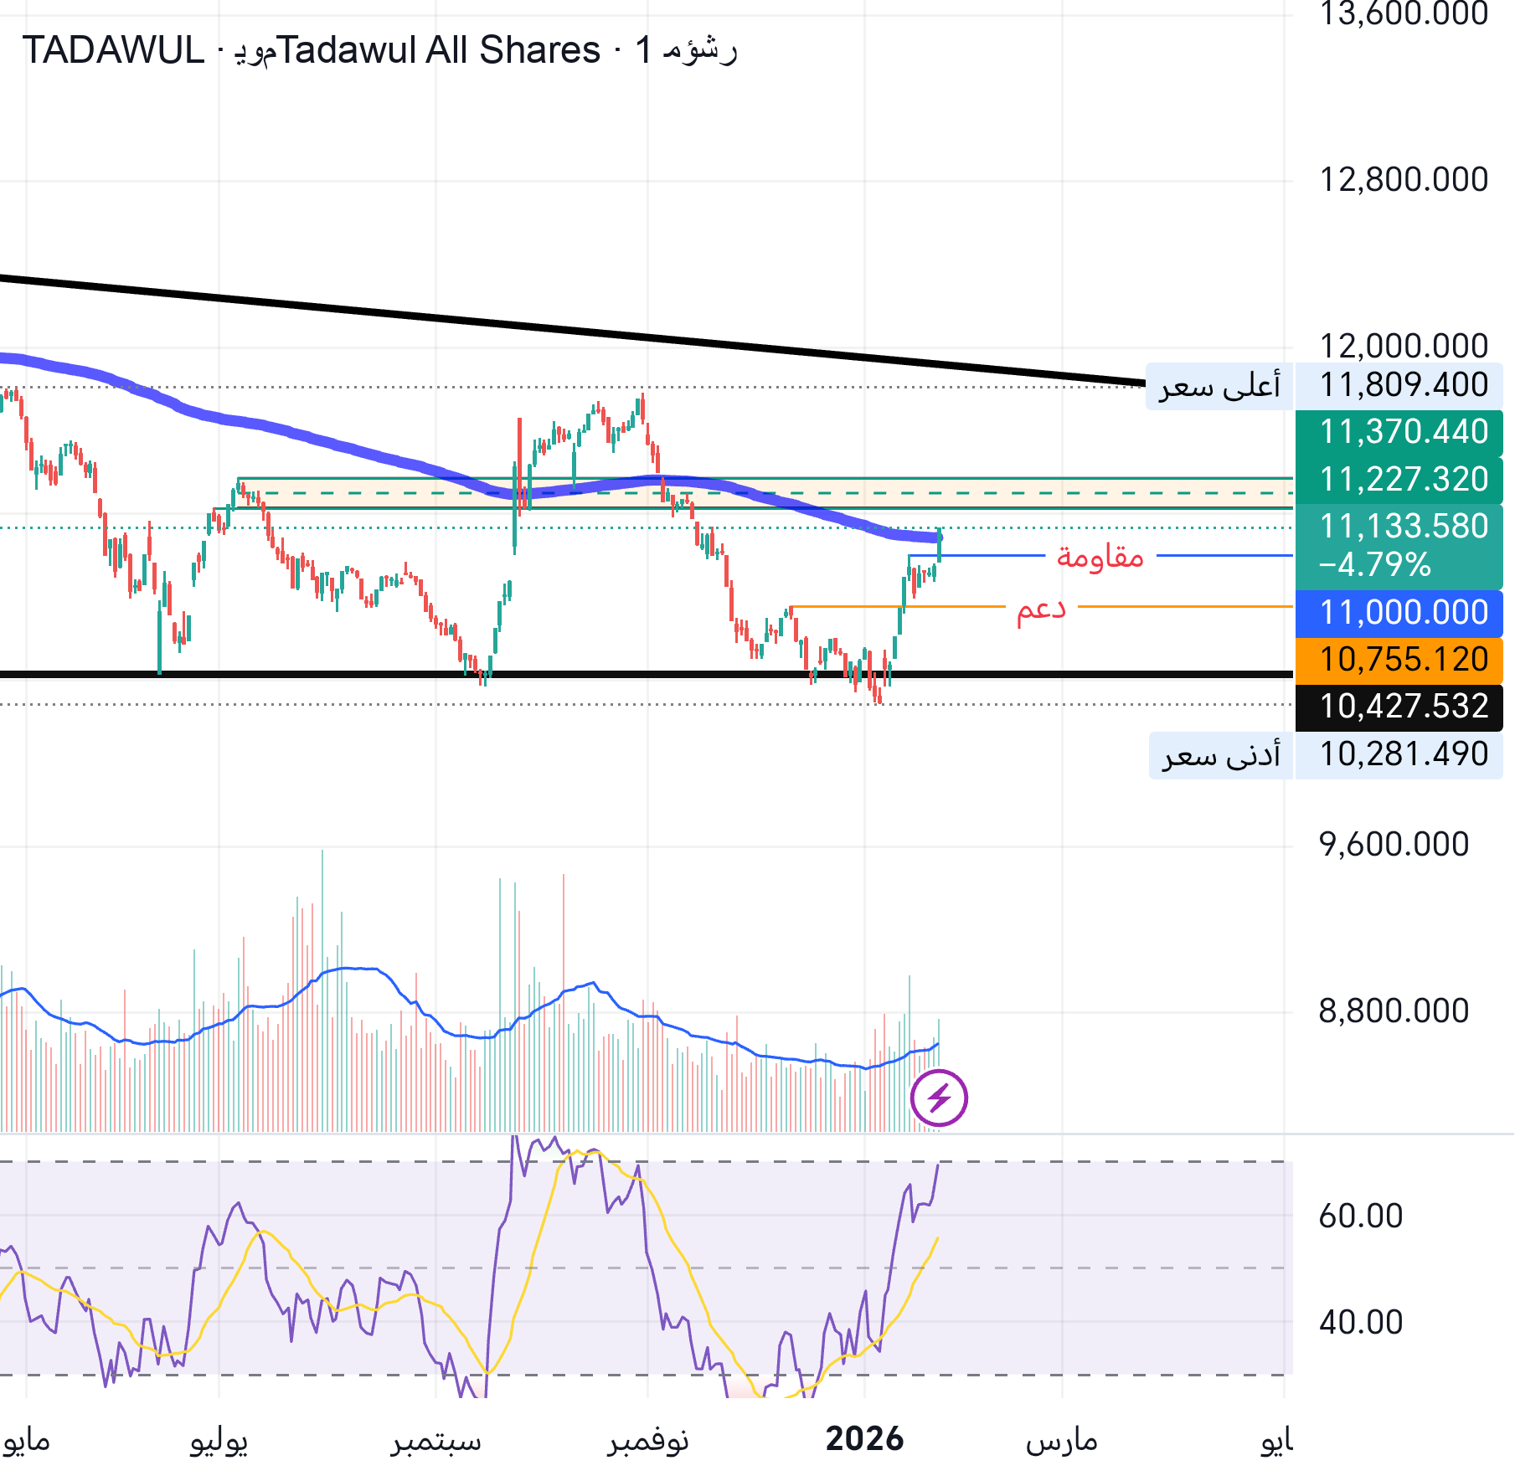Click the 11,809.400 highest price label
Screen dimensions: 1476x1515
(x=1403, y=385)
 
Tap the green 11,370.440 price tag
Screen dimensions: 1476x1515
(x=1403, y=432)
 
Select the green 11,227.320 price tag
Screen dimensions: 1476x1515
(x=1403, y=479)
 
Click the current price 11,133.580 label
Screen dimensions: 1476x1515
(x=1403, y=527)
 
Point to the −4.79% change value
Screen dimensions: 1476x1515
(x=1374, y=565)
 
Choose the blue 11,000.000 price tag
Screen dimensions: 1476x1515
(x=1403, y=613)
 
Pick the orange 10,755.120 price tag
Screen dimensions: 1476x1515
(x=1403, y=660)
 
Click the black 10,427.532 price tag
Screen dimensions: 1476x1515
(x=1403, y=707)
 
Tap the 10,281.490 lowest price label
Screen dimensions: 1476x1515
(x=1403, y=754)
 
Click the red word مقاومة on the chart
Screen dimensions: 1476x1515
(x=1100, y=556)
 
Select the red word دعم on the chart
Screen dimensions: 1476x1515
(x=1041, y=609)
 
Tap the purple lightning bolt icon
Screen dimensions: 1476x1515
(x=939, y=1098)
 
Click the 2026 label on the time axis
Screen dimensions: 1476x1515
(x=864, y=1439)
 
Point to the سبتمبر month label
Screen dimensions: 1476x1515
(x=435, y=1441)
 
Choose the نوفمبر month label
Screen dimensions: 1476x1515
(x=647, y=1441)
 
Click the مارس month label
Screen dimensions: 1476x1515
(x=1061, y=1441)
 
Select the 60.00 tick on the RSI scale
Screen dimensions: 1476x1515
(x=1360, y=1216)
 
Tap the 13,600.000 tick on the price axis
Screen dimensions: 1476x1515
(x=1403, y=14)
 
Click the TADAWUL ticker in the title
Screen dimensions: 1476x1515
(x=113, y=50)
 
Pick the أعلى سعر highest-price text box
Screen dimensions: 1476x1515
(x=1219, y=386)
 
